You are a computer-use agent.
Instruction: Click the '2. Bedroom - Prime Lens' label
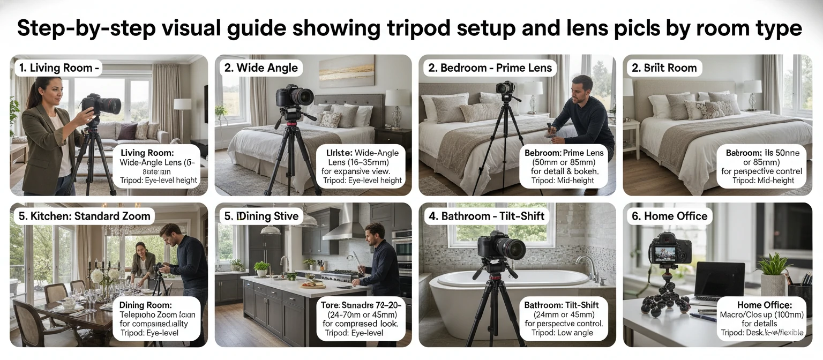tap(490, 68)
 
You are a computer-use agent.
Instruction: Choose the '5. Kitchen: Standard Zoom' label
tap(84, 216)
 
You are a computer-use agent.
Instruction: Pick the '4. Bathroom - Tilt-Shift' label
tap(486, 216)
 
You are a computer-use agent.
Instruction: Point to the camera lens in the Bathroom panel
tap(510, 249)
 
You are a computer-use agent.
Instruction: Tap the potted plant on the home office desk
tap(772, 273)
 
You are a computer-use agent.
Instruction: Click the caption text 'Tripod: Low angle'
tap(563, 333)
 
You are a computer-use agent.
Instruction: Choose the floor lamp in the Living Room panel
tap(182, 115)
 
